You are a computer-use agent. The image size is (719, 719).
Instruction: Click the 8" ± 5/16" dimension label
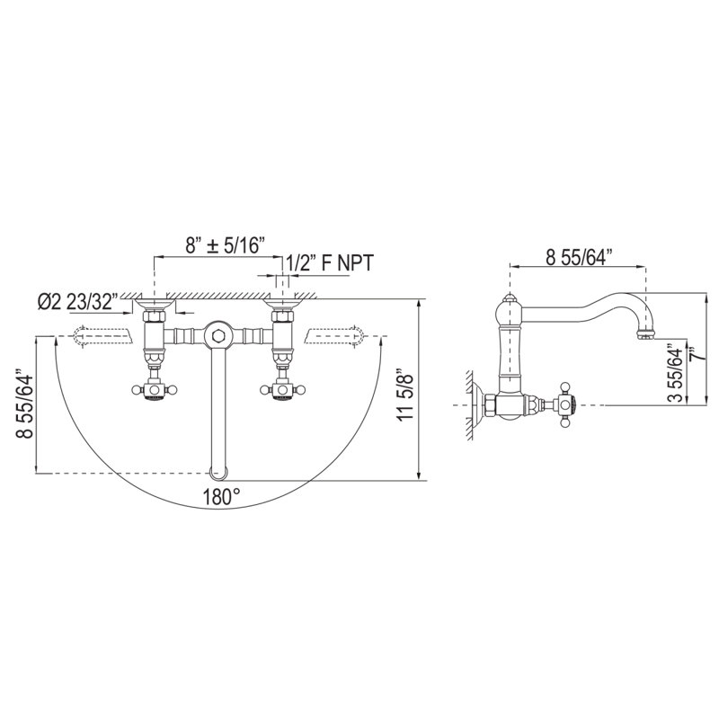coord(226,245)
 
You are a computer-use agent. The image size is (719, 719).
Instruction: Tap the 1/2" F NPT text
coord(330,263)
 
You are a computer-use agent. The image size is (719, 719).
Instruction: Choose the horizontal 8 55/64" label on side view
coord(579,257)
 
